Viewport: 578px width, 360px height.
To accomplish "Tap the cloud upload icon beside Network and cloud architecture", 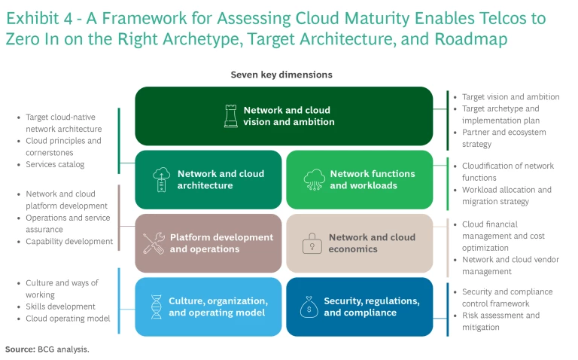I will [x=160, y=179].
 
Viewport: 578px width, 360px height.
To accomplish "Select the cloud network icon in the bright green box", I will [x=312, y=179].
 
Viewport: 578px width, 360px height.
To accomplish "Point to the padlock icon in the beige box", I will [x=310, y=243].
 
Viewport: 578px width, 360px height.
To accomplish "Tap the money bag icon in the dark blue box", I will [x=310, y=307].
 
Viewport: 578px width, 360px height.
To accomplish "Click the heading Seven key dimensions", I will [x=281, y=75].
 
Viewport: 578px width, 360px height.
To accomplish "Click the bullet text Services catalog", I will [x=55, y=164].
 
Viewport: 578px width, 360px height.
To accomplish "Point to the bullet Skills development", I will [x=60, y=307].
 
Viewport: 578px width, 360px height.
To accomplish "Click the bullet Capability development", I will [x=69, y=242].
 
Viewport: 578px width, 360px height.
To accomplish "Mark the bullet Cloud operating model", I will [x=68, y=319].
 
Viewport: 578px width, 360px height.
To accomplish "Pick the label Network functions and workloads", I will [x=372, y=179].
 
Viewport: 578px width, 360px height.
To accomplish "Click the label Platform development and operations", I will [x=221, y=243].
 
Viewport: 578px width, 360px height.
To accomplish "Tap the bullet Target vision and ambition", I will [x=510, y=96].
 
